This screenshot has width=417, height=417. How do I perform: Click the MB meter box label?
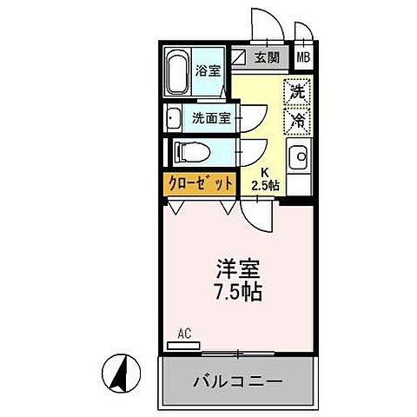(x=303, y=58)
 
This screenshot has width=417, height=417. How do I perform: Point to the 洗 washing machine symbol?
(x=297, y=90)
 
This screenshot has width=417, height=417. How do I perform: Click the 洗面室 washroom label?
(x=212, y=118)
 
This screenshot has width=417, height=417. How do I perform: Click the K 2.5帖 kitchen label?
(x=264, y=179)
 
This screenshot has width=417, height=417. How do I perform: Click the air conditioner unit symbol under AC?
(x=183, y=345)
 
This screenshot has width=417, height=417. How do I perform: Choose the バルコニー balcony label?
(x=235, y=381)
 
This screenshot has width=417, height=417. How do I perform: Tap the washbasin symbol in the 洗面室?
(x=172, y=118)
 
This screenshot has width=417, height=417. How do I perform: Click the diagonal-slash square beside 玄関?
(x=240, y=58)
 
